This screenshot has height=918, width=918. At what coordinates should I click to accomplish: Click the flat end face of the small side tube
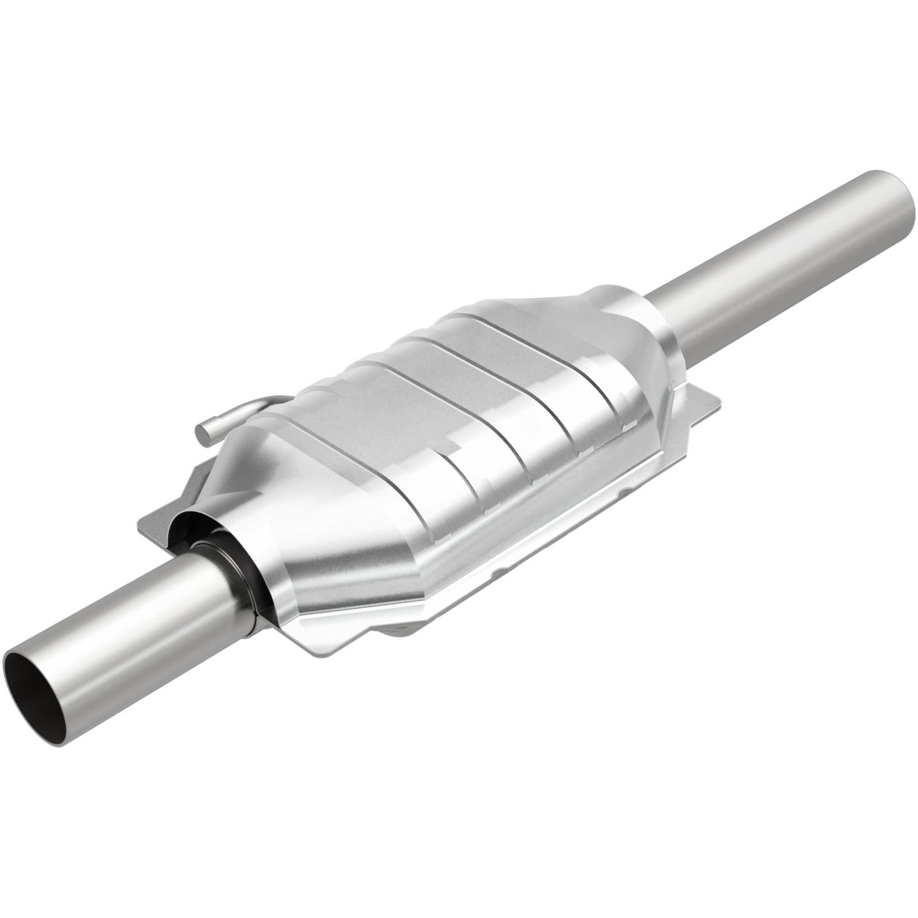tap(203, 432)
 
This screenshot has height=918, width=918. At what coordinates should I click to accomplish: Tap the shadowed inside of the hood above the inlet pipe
tap(190, 514)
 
